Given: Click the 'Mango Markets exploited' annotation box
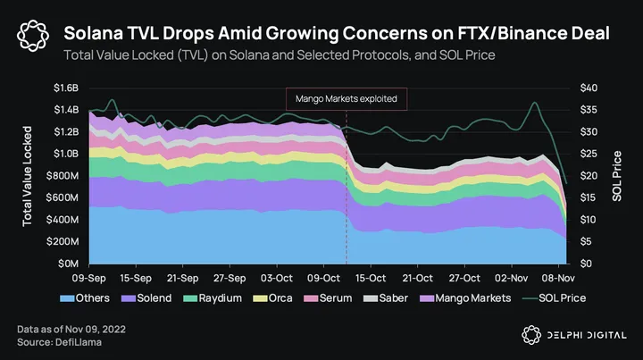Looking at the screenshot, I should [x=347, y=98].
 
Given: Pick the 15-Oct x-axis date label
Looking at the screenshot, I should [x=371, y=278].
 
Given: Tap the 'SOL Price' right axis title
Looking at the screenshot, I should [x=617, y=176].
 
